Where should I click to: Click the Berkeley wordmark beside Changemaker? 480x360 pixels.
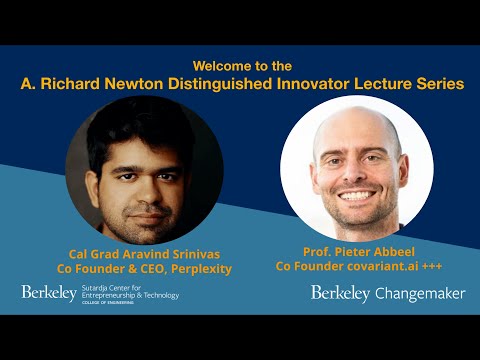click(x=340, y=293)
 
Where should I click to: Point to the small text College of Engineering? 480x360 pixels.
click(x=117, y=303)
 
